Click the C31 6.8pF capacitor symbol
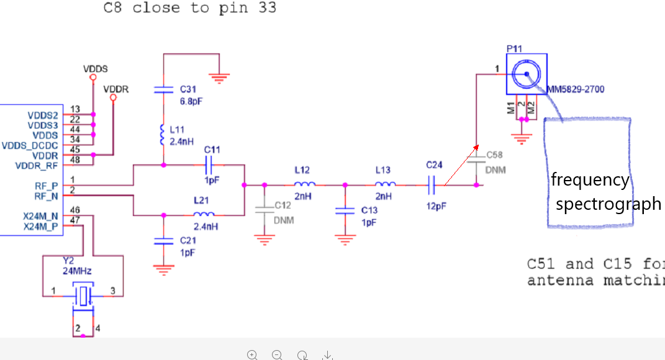[x=163, y=90]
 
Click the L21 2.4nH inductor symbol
[x=206, y=215]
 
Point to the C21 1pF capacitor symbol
[x=163, y=240]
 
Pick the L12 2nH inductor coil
[x=304, y=184]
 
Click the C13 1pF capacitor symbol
[x=345, y=211]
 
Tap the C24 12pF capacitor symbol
[x=433, y=184]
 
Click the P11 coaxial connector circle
[x=526, y=74]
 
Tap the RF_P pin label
[x=47, y=185]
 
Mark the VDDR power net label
[x=116, y=89]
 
